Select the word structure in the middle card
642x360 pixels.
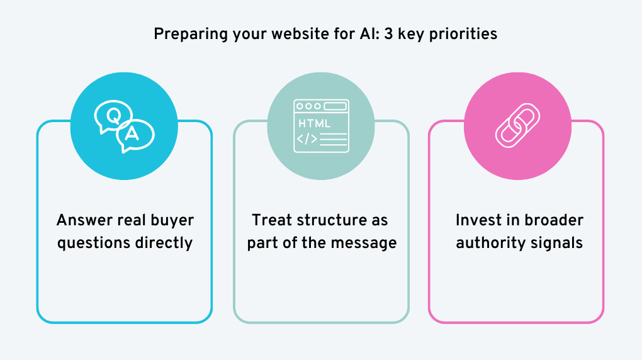pos(331,220)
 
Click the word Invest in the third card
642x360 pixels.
pos(477,220)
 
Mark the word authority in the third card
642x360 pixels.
pos(490,242)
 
